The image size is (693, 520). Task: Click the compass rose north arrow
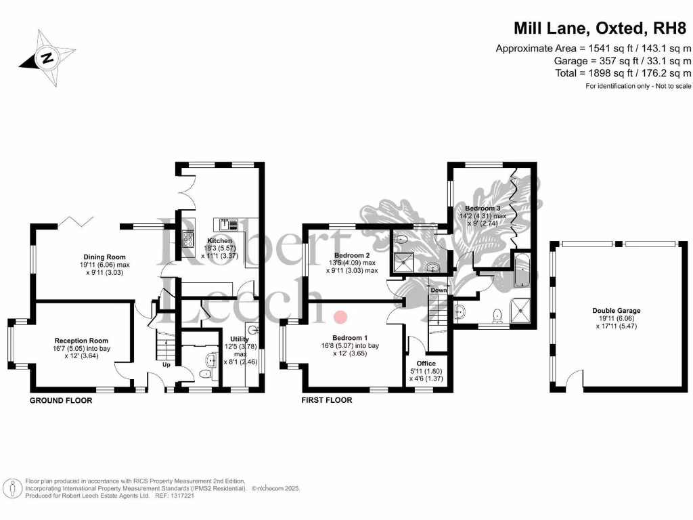[47, 58]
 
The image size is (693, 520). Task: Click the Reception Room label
[81, 341]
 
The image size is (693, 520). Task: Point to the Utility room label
[240, 338]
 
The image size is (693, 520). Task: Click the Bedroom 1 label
[350, 338]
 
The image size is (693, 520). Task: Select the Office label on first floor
[426, 364]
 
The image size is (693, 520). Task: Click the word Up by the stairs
[166, 364]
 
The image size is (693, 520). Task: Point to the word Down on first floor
[439, 290]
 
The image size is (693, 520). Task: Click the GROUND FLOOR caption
[61, 401]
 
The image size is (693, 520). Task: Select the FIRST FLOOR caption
[327, 401]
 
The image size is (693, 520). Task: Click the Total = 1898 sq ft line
[622, 72]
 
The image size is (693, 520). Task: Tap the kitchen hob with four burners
[187, 238]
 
